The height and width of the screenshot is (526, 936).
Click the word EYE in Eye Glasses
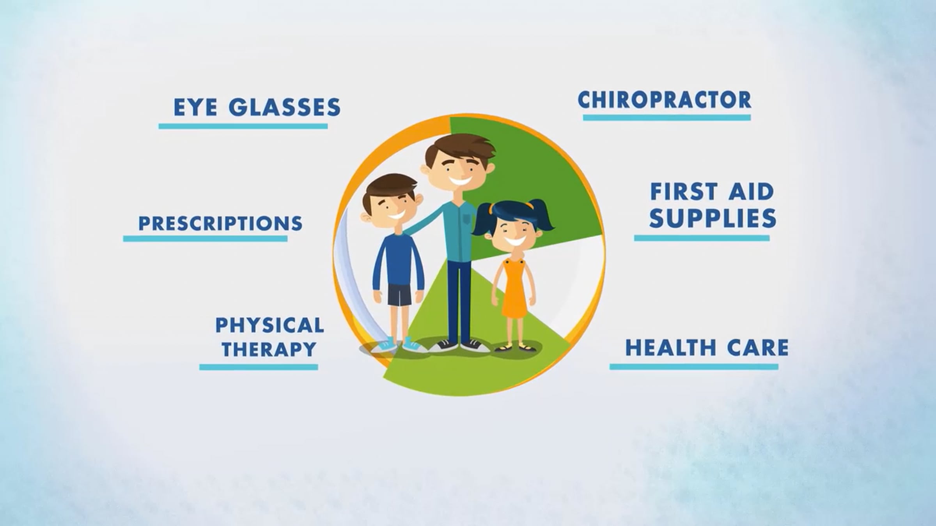(195, 107)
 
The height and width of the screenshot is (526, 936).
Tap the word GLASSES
(285, 107)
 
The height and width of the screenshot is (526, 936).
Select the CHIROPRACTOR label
(664, 100)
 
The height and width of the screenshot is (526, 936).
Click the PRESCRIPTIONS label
(220, 224)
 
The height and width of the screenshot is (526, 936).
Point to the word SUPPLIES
(713, 218)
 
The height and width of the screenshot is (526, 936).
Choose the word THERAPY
(269, 349)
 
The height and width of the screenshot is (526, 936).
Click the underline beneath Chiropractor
(667, 117)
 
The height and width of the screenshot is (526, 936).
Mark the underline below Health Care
(694, 367)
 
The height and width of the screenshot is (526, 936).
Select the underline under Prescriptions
(205, 238)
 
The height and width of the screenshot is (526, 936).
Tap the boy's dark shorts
(399, 295)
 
